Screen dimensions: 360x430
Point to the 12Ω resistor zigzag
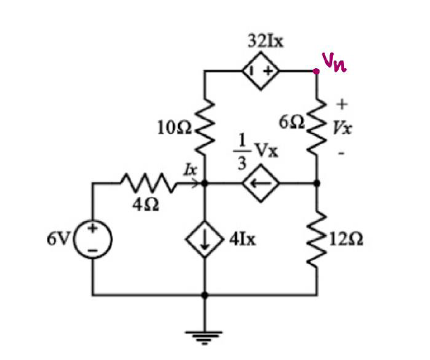tap(317, 239)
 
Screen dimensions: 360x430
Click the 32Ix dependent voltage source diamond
tap(261, 70)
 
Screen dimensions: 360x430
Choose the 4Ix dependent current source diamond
tap(205, 239)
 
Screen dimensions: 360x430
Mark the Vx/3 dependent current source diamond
tap(261, 184)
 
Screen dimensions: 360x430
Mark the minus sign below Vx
tap(341, 151)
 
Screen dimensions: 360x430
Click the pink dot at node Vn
tap(317, 70)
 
